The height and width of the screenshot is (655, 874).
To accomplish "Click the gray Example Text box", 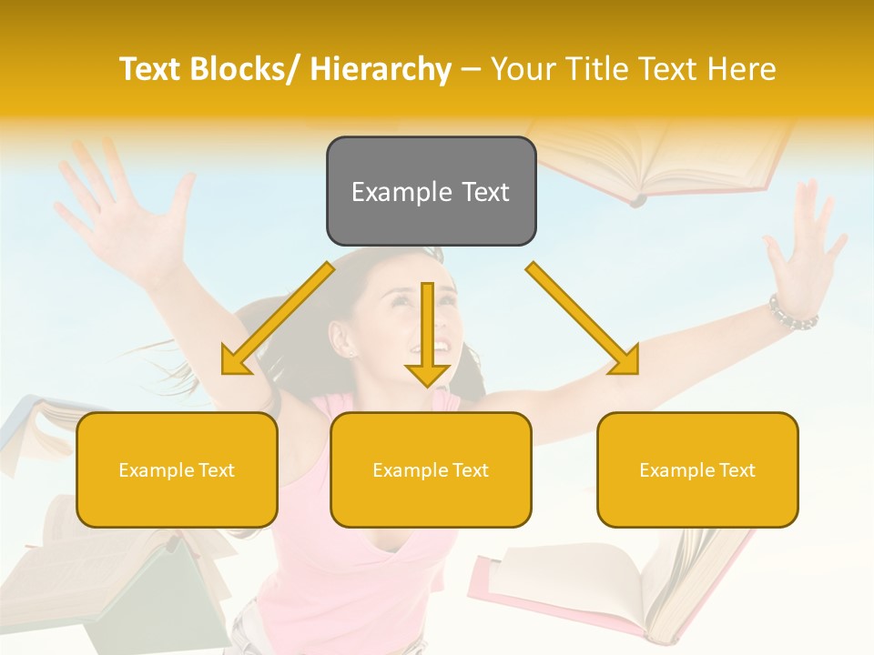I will (x=431, y=191).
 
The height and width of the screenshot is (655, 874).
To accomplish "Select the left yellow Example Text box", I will (x=177, y=469).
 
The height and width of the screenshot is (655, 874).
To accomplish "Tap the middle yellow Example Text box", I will (x=431, y=469).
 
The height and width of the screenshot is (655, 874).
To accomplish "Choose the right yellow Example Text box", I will (x=697, y=469).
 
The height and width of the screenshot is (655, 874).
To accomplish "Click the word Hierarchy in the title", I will (x=381, y=69).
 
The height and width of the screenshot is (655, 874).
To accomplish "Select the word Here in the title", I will (x=742, y=69).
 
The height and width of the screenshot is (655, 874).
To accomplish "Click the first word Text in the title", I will (x=149, y=69).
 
